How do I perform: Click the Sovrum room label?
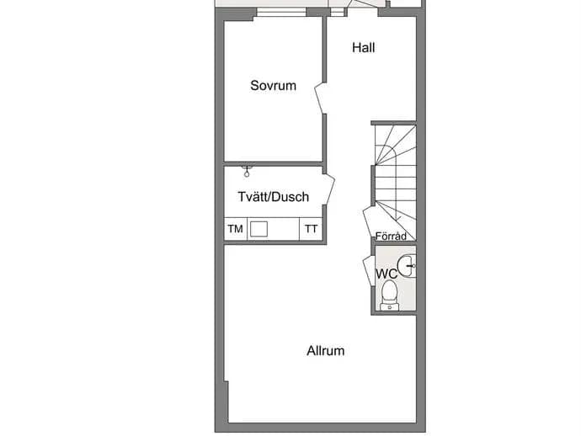point(273,86)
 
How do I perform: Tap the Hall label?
point(364,48)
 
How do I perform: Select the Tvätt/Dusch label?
point(274,197)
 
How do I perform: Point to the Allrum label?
point(326,351)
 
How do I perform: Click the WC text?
point(386,274)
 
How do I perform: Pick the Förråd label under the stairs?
point(391,236)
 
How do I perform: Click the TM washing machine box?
point(236,229)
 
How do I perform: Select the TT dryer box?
point(311,229)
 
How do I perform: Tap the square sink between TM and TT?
point(259,229)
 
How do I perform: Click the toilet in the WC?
point(389,295)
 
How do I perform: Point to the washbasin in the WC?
point(407,266)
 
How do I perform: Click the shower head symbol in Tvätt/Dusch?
point(247,172)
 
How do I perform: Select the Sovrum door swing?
point(319,98)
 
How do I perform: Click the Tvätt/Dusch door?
point(329,189)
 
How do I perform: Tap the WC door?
point(368,270)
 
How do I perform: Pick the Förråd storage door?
point(369,222)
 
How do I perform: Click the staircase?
point(395,183)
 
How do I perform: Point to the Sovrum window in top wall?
point(281,12)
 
